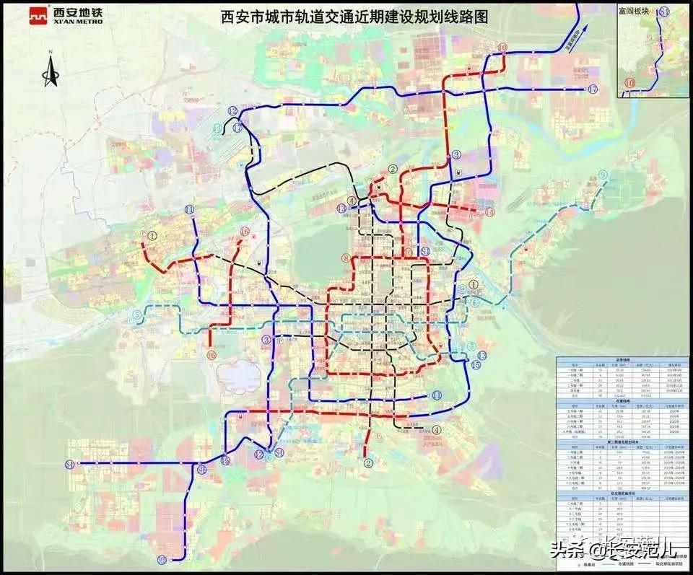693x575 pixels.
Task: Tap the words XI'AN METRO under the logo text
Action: click(x=78, y=22)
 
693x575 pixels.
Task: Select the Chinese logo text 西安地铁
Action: click(x=78, y=12)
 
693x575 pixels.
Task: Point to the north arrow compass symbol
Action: click(x=50, y=69)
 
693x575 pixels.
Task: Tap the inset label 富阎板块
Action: click(x=635, y=9)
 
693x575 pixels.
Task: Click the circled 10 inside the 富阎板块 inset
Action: click(x=629, y=84)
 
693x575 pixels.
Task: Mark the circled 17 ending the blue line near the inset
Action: click(x=593, y=89)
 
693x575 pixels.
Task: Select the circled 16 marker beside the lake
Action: click(x=211, y=355)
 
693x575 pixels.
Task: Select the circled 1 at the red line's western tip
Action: click(x=152, y=236)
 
